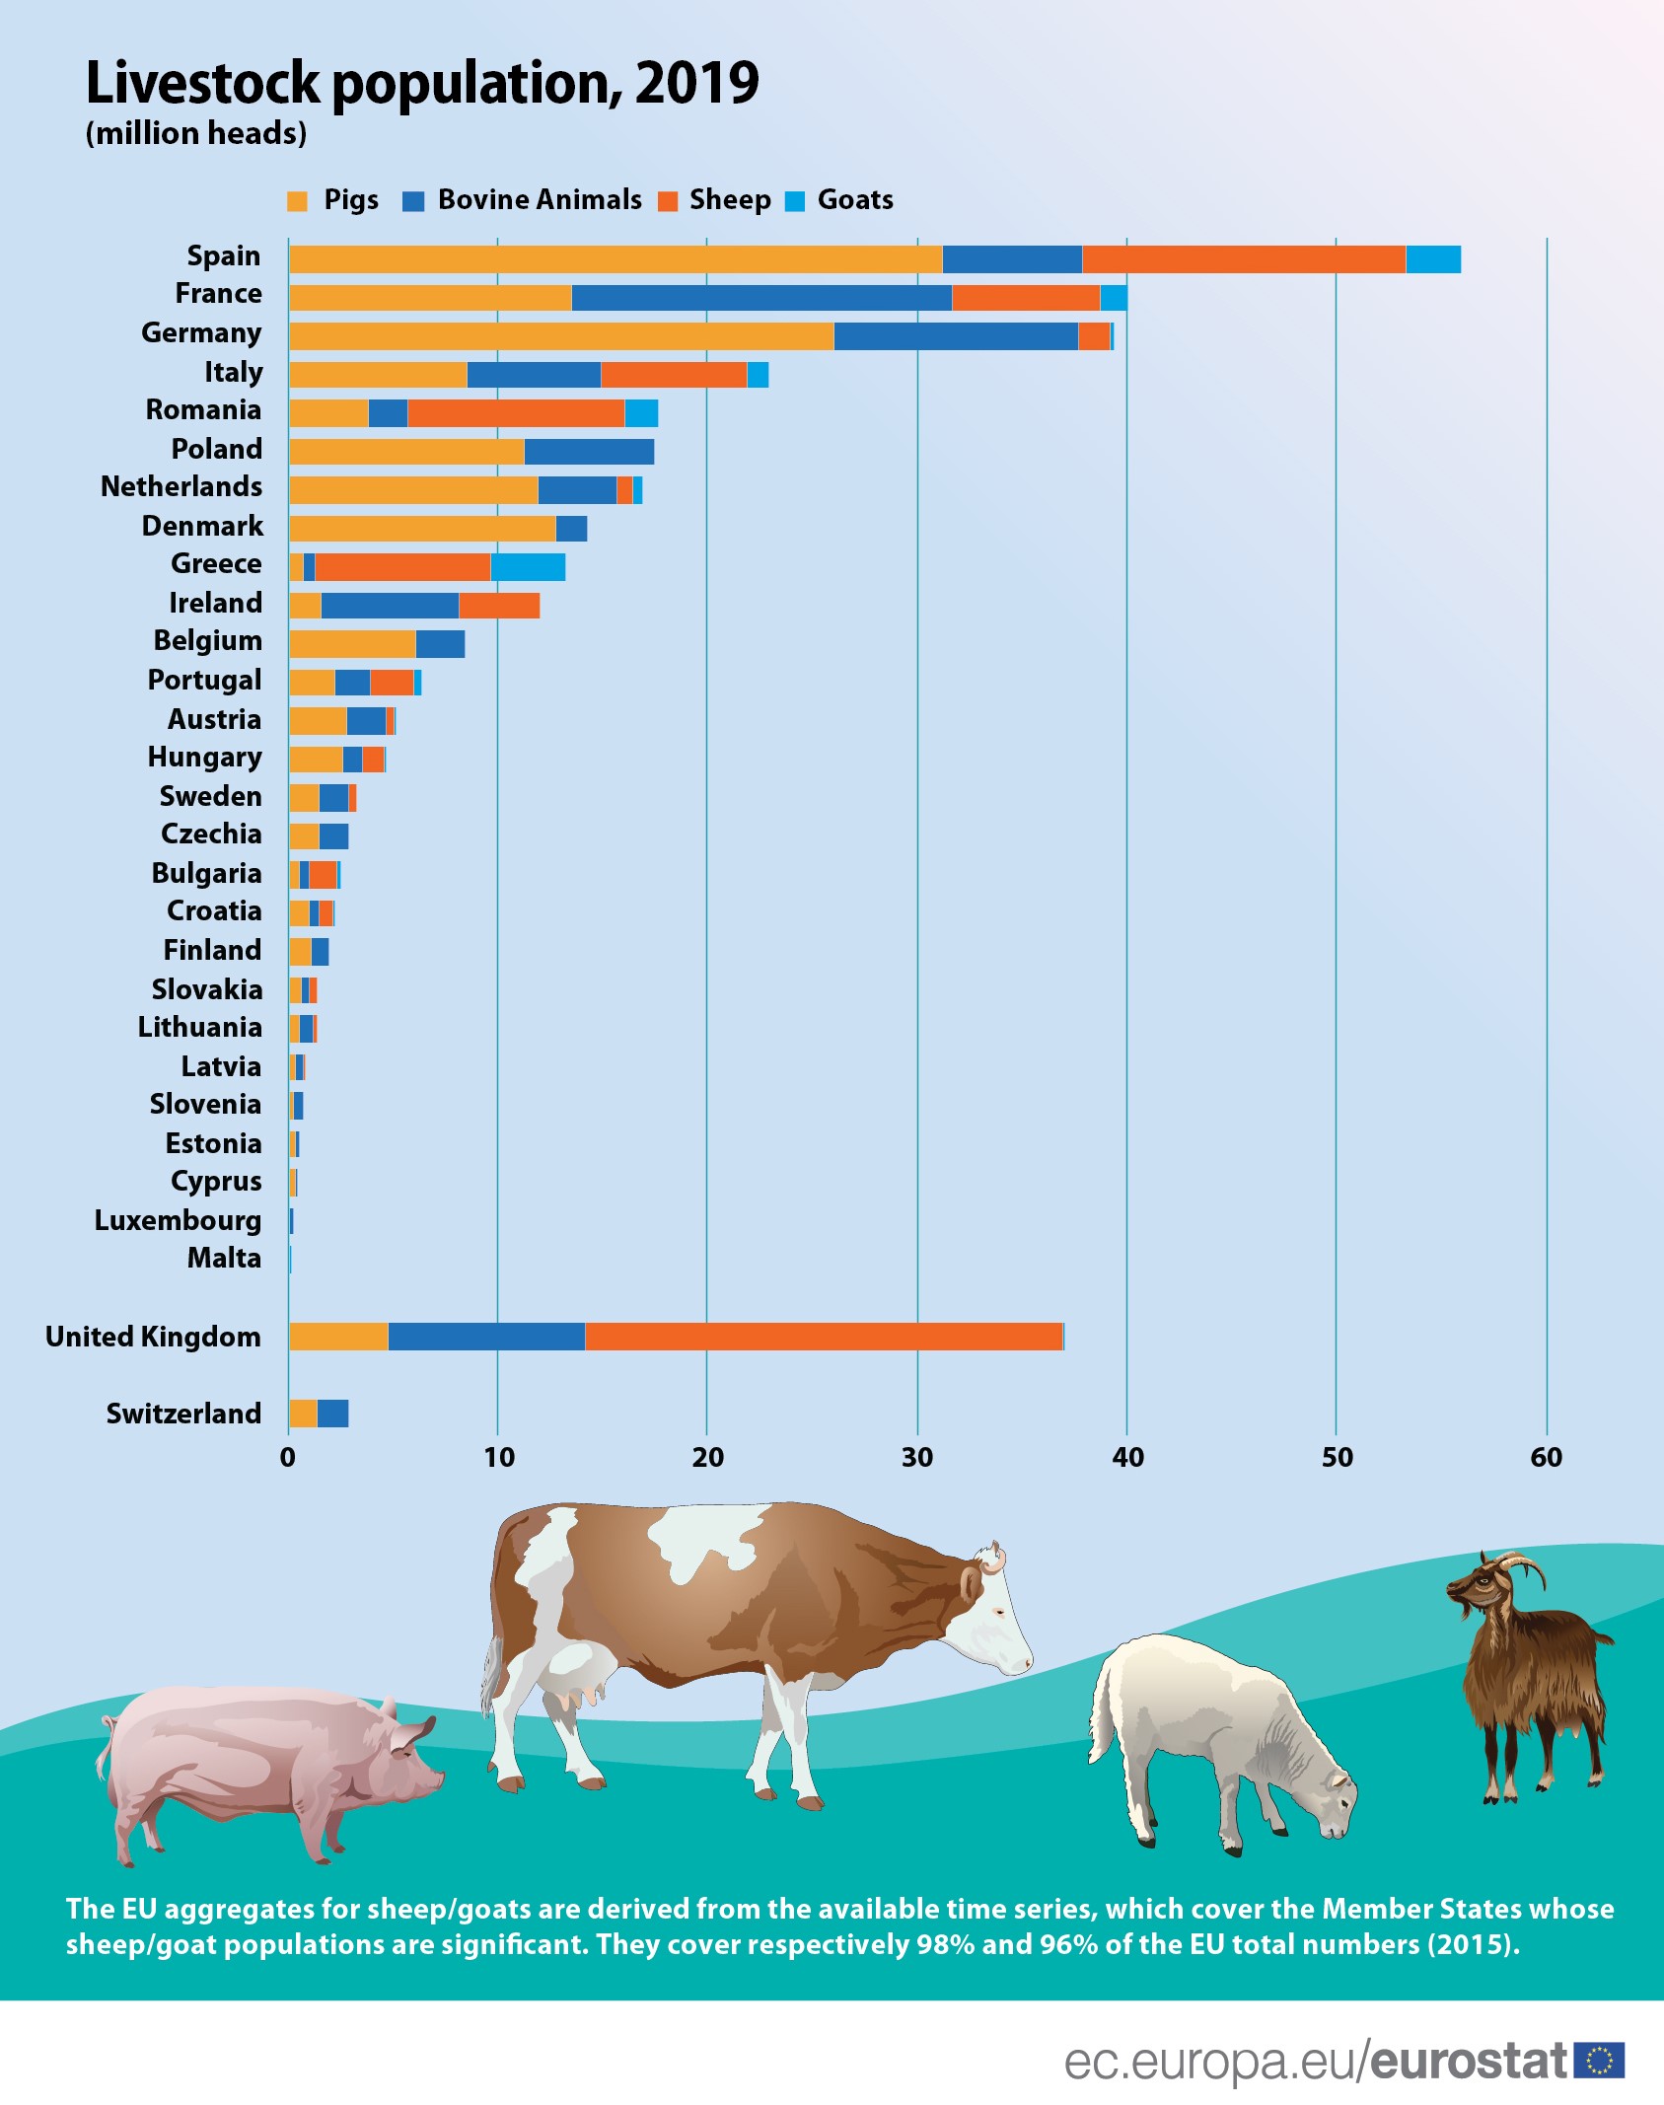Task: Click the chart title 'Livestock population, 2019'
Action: (x=422, y=83)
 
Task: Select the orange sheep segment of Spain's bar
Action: (x=1243, y=259)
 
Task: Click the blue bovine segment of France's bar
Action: (x=761, y=298)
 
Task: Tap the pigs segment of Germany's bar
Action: (x=560, y=336)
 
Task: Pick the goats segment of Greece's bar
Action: (x=528, y=567)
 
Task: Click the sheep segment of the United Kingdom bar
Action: (x=824, y=1337)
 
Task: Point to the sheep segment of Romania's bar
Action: (x=516, y=413)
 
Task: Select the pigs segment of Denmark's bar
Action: (x=422, y=529)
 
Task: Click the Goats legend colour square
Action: (x=795, y=201)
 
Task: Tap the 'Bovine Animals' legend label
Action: (x=540, y=200)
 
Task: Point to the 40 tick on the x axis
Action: (x=1127, y=1457)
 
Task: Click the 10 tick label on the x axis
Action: (x=498, y=1457)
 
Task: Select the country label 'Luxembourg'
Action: (x=178, y=1220)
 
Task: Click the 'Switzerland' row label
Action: (x=183, y=1414)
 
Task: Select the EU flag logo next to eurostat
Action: (x=1599, y=2061)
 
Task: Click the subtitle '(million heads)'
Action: (x=196, y=133)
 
